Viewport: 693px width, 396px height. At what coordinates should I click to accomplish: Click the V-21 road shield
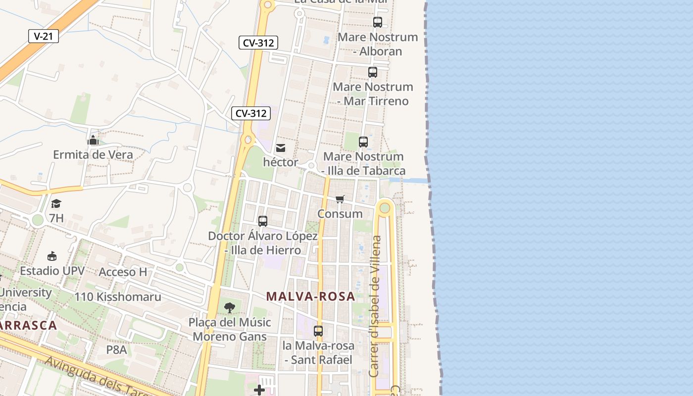click(44, 36)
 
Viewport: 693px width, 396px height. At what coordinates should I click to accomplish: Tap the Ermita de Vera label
click(93, 154)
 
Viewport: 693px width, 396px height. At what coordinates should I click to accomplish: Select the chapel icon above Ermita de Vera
click(93, 141)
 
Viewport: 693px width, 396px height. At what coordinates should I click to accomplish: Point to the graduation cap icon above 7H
click(56, 203)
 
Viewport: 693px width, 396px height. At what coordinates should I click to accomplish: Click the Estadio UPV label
click(52, 271)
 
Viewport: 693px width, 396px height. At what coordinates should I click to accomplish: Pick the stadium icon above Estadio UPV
click(52, 256)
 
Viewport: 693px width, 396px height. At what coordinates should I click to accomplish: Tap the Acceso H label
click(123, 272)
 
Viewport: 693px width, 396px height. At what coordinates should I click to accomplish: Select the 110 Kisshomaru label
click(118, 297)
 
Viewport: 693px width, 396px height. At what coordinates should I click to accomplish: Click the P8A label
click(116, 350)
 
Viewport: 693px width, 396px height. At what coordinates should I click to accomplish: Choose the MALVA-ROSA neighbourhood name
click(310, 297)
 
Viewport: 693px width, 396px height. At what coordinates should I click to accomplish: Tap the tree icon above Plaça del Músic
click(229, 308)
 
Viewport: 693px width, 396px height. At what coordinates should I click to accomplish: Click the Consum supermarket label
click(340, 214)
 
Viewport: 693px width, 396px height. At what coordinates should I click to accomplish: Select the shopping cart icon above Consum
click(340, 199)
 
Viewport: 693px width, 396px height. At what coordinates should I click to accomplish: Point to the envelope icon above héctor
click(281, 148)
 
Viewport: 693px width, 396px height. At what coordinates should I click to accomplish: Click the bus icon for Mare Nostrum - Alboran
click(377, 22)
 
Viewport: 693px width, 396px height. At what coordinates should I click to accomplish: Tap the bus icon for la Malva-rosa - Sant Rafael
click(318, 331)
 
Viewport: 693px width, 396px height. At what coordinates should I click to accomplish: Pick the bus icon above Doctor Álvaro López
click(263, 221)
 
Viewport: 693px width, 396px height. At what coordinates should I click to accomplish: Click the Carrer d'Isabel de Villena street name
click(375, 306)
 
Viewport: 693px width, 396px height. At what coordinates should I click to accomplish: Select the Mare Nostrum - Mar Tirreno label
click(373, 94)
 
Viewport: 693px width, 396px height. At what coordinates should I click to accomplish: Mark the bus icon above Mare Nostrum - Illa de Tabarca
click(363, 142)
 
